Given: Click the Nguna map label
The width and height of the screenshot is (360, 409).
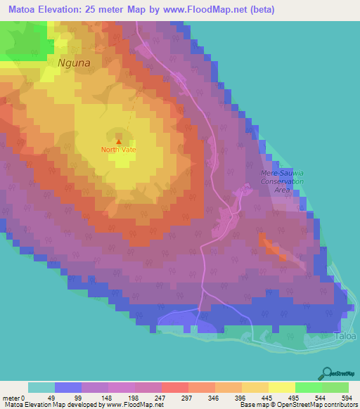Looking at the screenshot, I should (75, 62).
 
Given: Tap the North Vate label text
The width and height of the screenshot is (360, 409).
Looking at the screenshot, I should (118, 149).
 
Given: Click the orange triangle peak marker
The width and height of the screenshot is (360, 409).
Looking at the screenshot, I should (118, 141).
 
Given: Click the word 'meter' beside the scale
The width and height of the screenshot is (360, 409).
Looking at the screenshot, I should (11, 398).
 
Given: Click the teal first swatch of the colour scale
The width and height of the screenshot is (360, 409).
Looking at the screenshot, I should (41, 387).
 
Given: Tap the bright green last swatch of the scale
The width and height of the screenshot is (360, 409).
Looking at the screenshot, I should (335, 387).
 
